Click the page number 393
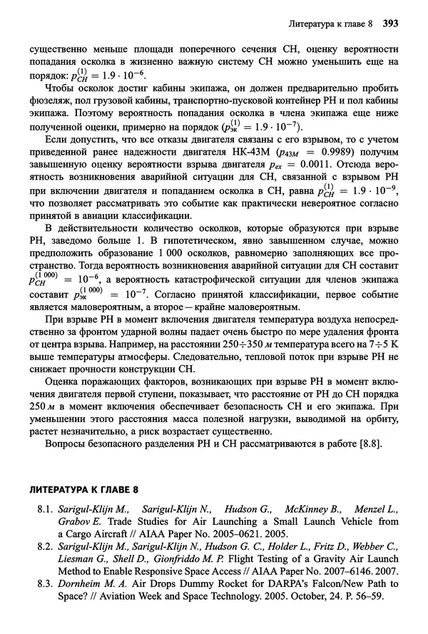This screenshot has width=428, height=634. click(390, 24)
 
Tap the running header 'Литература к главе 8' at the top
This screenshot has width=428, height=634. click(330, 24)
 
